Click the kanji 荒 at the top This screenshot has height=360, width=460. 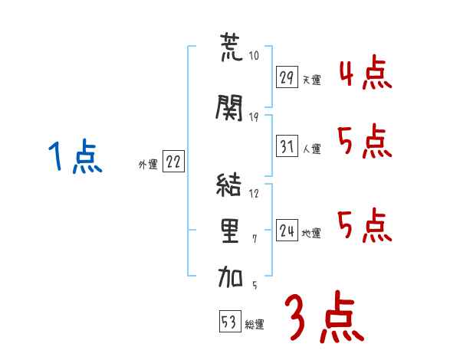point(232,47)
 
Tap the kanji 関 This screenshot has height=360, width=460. point(229,107)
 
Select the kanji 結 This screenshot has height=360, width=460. point(228,185)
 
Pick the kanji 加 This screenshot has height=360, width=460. point(230,277)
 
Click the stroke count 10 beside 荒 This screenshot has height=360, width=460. point(254,55)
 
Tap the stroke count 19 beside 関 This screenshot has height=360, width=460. point(254,117)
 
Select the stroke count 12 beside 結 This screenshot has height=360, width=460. point(254,194)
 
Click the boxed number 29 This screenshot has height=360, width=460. point(287,77)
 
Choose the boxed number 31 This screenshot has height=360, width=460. point(287,146)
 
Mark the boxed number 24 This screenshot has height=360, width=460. point(287,230)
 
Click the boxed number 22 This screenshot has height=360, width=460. point(173,161)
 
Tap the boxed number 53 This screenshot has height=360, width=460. point(230,321)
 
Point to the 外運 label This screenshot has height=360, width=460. point(148,165)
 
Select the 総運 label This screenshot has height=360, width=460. point(255,325)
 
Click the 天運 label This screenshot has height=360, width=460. point(311,80)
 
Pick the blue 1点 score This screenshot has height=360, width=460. point(75,155)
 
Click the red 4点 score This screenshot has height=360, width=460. point(366,73)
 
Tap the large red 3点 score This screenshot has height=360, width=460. point(324,316)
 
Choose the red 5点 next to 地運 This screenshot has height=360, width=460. point(365,226)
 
